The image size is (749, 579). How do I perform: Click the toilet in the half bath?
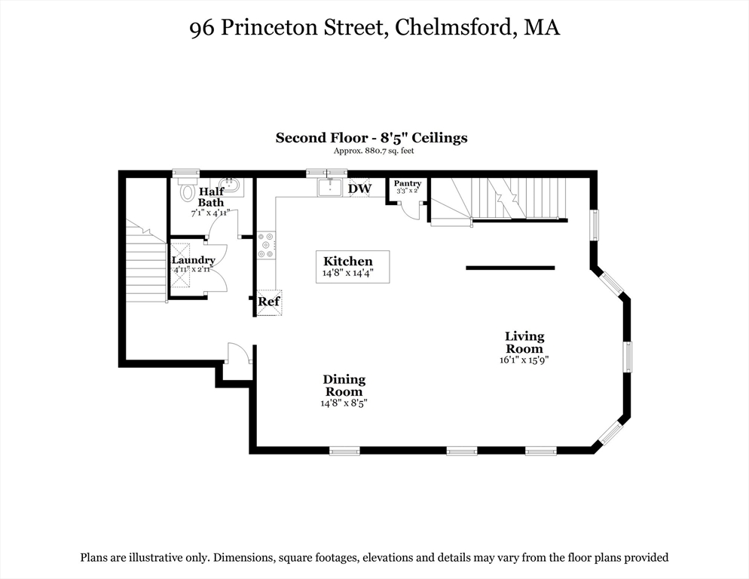(188, 192)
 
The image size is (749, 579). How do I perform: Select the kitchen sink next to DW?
(330, 186)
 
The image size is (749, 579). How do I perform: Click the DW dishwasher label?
(359, 188)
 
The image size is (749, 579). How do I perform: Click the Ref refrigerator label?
(269, 302)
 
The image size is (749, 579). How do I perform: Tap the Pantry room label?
(408, 183)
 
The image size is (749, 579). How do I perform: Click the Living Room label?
(524, 342)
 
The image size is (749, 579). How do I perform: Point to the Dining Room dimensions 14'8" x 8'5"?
(344, 403)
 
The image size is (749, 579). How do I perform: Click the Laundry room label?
(194, 260)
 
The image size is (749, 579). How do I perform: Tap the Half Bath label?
(211, 197)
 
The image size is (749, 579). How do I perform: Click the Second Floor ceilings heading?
(371, 138)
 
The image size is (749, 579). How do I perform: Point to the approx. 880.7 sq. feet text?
(374, 151)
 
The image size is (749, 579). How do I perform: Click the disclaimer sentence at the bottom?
(374, 558)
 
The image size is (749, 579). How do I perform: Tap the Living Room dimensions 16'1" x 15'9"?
(524, 360)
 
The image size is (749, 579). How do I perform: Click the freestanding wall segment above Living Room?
(510, 268)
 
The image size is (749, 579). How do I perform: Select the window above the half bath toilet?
(186, 173)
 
